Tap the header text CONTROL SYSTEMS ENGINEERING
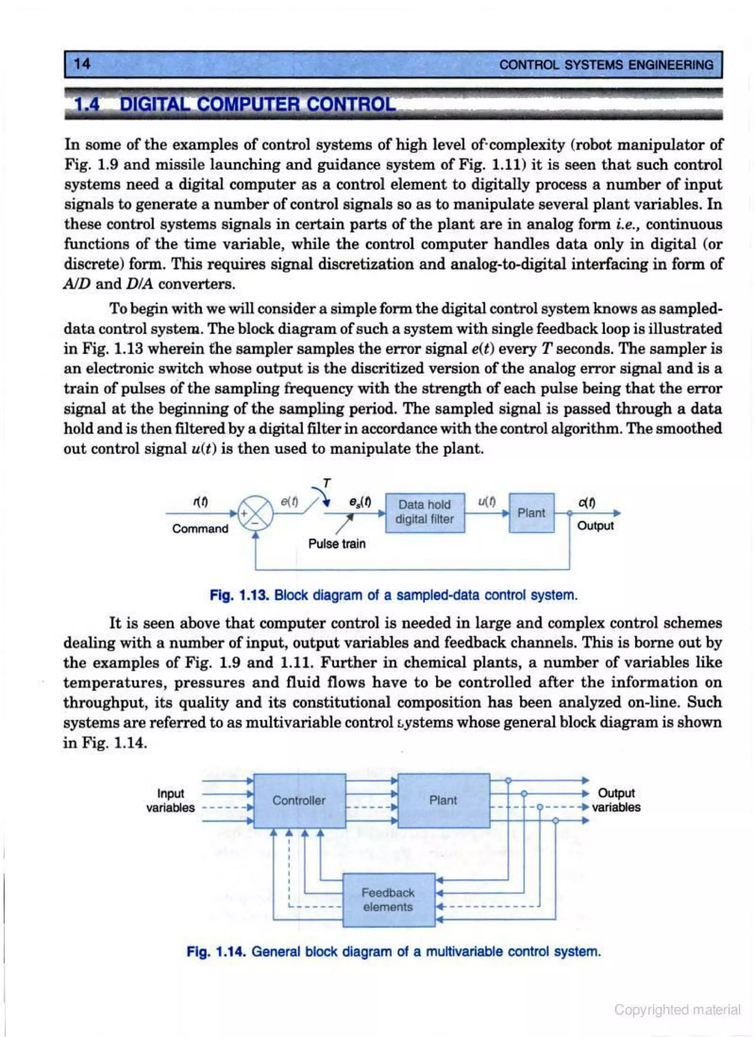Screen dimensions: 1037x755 (606, 65)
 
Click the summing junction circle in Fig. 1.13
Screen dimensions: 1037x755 (257, 514)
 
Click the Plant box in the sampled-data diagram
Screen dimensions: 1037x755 (531, 512)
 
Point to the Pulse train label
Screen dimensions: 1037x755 (337, 544)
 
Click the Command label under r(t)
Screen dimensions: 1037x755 (200, 529)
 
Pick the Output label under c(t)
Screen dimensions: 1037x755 (595, 525)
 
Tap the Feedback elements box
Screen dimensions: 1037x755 (388, 899)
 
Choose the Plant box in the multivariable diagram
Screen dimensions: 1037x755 (443, 800)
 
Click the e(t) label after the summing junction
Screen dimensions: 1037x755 (289, 502)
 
